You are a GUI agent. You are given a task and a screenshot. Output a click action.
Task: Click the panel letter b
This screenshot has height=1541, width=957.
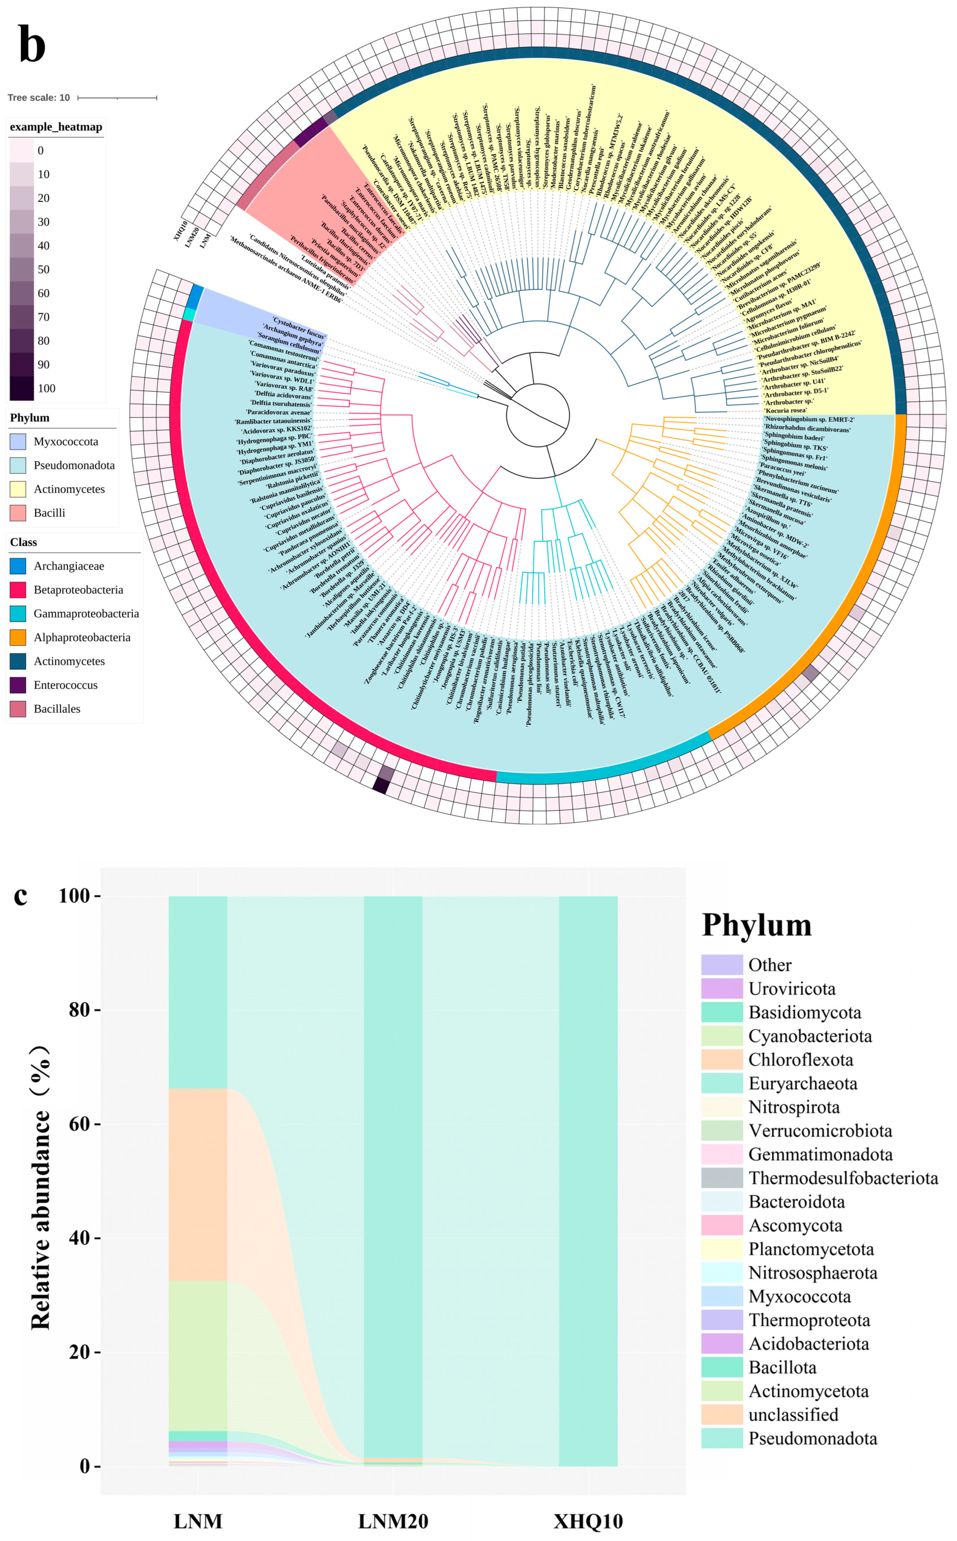click(x=32, y=44)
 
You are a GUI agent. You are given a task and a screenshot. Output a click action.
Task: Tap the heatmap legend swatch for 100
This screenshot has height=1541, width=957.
click(x=21, y=388)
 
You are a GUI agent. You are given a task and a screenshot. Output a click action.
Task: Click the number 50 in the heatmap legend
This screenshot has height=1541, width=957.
click(x=43, y=269)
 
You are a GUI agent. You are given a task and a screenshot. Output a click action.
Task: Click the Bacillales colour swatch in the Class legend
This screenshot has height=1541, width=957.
click(x=18, y=708)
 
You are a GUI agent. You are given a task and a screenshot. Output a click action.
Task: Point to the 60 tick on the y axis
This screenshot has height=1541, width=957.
click(x=79, y=1124)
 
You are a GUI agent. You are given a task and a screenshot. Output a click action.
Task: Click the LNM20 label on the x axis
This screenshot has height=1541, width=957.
click(x=393, y=1521)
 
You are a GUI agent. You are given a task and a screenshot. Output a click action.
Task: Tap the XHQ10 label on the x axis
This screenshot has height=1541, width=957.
click(x=588, y=1521)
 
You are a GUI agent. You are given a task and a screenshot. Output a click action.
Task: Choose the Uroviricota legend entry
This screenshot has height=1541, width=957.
click(x=791, y=989)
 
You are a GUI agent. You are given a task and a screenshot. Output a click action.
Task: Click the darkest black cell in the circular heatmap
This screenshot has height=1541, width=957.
click(x=380, y=785)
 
